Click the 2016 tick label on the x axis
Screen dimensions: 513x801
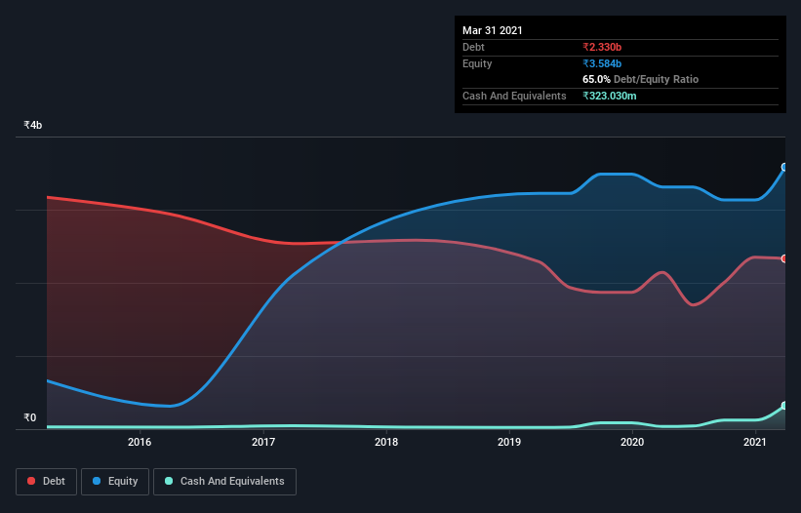(140, 443)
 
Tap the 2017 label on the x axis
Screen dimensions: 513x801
(263, 443)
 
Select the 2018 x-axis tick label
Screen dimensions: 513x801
(386, 443)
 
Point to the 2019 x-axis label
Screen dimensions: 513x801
(509, 443)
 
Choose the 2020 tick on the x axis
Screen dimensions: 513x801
(632, 443)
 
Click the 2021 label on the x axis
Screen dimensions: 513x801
(755, 443)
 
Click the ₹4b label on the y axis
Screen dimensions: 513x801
(33, 126)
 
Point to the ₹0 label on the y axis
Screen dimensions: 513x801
(30, 418)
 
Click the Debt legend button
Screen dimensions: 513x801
(47, 481)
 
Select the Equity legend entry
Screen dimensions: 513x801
(115, 481)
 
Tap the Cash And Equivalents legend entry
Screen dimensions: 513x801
(224, 481)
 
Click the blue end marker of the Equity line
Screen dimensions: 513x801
(784, 168)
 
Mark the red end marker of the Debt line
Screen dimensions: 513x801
(784, 258)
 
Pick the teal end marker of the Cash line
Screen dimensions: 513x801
(784, 406)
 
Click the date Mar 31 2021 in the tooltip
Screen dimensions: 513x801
(493, 30)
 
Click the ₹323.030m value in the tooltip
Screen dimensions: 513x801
(615, 96)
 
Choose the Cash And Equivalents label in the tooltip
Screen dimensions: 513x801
(514, 96)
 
